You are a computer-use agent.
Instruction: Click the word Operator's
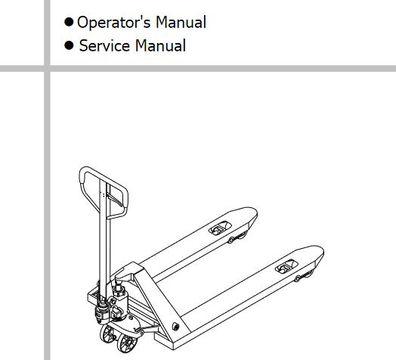[113, 23]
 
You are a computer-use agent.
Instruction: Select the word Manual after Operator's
[181, 22]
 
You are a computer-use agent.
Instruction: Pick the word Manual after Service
[160, 46]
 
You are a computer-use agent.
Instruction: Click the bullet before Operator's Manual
[69, 22]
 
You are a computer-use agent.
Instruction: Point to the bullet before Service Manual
[69, 45]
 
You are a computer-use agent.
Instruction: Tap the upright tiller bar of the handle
[104, 241]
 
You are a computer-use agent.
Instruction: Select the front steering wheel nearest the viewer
[127, 343]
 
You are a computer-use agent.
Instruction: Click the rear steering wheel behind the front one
[107, 334]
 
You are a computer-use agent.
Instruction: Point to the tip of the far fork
[255, 213]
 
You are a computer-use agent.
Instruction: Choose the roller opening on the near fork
[286, 266]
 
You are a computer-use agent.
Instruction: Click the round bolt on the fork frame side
[175, 327]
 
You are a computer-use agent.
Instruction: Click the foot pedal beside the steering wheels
[147, 329]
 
